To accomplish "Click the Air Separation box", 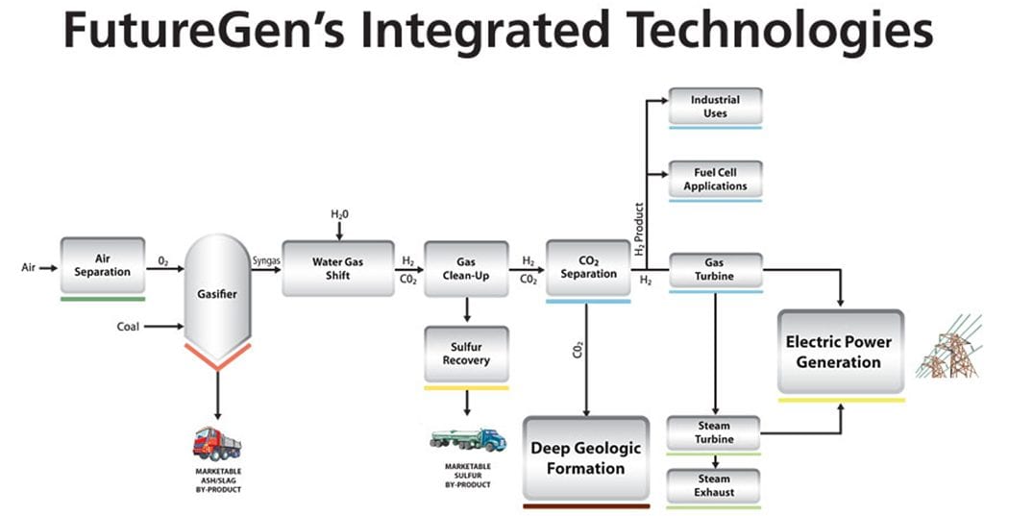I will (103, 265).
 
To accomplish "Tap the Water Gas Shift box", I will (337, 268).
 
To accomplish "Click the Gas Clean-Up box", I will (466, 267).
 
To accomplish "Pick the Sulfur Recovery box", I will (466, 354).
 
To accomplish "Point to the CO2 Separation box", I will (588, 267).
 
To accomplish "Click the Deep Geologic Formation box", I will (586, 458).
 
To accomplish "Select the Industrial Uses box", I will (715, 106).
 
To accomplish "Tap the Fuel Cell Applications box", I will (715, 179).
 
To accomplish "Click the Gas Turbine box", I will (715, 270).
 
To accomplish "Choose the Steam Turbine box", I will (715, 432).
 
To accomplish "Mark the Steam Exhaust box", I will (715, 485).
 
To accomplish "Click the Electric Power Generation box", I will (840, 352).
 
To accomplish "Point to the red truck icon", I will (216, 444).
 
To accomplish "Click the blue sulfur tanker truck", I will (467, 440).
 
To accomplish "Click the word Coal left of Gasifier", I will (128, 327).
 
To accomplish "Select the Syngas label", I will (265, 258).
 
